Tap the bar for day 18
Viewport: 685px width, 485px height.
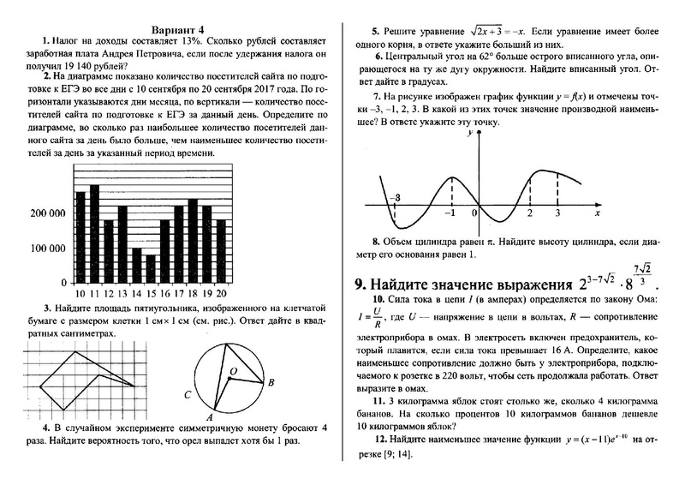tap(192, 244)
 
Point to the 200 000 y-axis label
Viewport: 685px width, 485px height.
tap(45, 213)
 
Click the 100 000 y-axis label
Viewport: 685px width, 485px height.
tap(45, 248)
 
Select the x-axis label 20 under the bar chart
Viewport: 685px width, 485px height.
tap(220, 293)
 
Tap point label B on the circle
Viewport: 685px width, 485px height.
tap(271, 383)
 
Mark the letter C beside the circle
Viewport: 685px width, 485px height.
tap(187, 395)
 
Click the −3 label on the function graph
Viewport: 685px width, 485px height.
tap(394, 198)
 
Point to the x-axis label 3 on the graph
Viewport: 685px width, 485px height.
tap(557, 212)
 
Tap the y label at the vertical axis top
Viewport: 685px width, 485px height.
tap(468, 134)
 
